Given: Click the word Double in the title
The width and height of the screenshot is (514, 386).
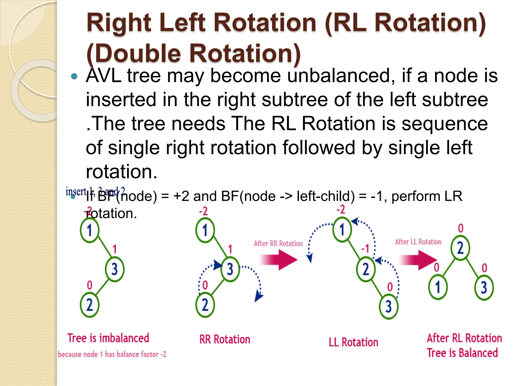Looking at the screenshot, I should click(138, 53).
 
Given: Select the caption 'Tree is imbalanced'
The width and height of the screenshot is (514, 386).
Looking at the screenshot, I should click(108, 338).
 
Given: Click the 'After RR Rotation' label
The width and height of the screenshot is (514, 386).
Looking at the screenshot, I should click(278, 244).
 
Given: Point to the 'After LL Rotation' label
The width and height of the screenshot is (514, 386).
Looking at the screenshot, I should click(418, 242).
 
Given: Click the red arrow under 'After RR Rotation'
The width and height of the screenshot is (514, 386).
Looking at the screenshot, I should click(279, 260).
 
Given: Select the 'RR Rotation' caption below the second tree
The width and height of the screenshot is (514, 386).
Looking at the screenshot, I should click(225, 340).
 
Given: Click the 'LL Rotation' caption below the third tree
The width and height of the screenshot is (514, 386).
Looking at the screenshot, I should click(353, 342).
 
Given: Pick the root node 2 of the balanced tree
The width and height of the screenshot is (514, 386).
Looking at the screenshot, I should click(460, 248).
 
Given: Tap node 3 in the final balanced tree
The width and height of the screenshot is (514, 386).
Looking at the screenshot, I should click(484, 287).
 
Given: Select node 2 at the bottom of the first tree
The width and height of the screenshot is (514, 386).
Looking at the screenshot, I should click(90, 305).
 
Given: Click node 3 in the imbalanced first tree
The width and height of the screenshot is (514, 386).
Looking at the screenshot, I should click(115, 269).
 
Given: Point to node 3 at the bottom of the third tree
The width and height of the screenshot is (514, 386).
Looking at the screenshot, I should click(389, 307).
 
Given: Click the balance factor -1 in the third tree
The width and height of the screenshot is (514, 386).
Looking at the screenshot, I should click(365, 249).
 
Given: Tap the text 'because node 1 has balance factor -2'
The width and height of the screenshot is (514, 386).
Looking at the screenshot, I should click(112, 354).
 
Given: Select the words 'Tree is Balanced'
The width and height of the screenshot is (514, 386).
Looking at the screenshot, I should click(462, 353).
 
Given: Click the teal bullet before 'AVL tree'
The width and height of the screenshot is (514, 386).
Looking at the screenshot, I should click(74, 76).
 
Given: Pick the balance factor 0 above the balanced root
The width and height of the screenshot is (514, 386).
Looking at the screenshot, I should click(461, 228).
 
